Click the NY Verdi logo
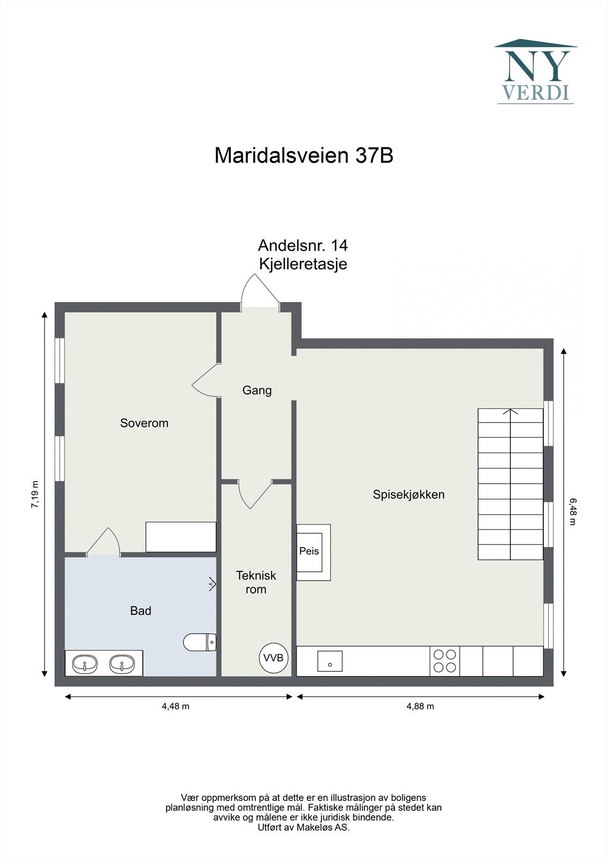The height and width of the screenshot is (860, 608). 536,71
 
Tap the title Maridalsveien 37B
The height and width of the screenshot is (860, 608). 304,156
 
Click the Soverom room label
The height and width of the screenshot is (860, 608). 144,423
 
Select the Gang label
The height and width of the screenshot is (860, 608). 257,390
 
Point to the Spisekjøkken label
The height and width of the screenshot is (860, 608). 409,494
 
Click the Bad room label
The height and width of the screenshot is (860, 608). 141,611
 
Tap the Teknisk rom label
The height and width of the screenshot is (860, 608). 256,582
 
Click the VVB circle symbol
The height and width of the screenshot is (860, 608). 273,658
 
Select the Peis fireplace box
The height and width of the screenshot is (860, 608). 311,551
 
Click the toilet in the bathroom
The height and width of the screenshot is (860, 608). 200,642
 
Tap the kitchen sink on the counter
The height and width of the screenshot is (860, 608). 330,661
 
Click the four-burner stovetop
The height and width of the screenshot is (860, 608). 445,661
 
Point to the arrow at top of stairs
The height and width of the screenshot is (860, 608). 510,412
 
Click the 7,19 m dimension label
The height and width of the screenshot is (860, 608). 35,493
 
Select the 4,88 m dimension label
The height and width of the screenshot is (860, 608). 420,706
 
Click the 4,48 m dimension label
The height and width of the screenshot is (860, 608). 175,706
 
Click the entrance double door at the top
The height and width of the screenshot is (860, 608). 260,293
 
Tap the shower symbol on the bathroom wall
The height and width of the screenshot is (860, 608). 213,584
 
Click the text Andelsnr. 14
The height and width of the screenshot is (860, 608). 303,246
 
